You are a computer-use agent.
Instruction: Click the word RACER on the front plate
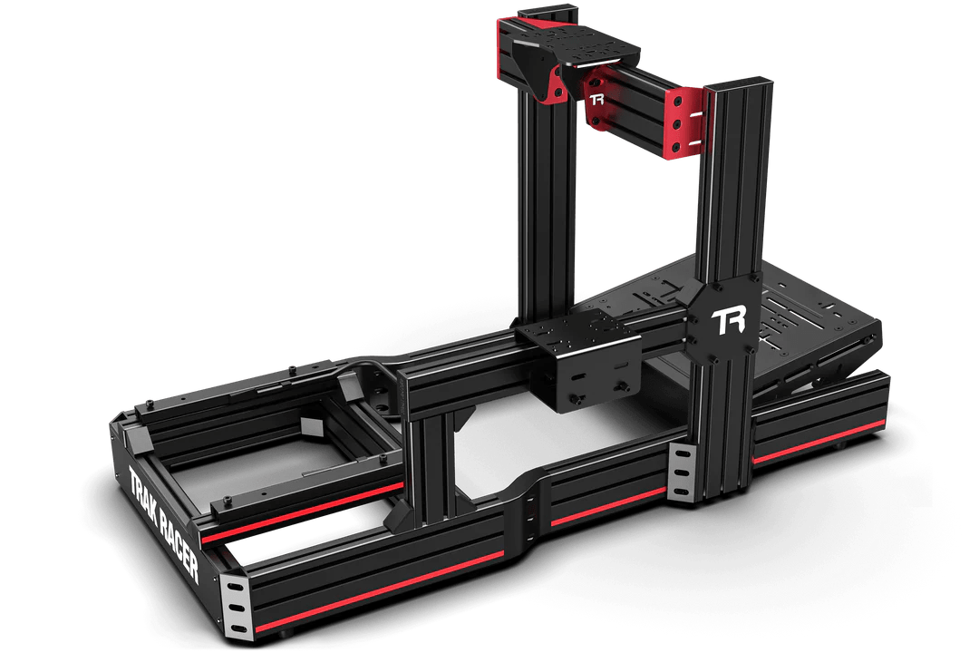[x=179, y=548]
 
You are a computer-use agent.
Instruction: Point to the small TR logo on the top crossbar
[x=596, y=100]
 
